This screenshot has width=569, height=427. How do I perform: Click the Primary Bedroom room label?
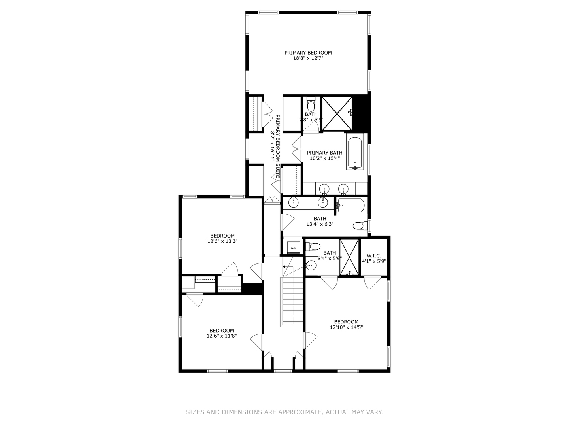[308, 53]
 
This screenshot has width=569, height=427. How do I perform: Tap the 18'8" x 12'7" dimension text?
[308, 58]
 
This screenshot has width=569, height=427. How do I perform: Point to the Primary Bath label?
[325, 153]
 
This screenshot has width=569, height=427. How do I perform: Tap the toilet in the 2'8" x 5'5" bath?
[311, 105]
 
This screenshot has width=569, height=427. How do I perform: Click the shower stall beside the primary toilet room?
[337, 113]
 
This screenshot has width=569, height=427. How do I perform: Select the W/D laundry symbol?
[294, 246]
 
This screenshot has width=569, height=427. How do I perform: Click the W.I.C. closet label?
[374, 255]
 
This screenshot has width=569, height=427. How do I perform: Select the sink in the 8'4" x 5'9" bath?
[311, 266]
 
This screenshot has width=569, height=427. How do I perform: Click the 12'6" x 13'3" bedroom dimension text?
[222, 241]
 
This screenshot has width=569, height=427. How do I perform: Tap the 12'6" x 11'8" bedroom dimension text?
[222, 336]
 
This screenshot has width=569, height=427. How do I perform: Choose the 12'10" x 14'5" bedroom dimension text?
[346, 327]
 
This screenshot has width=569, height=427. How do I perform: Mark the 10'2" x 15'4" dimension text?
[325, 159]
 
